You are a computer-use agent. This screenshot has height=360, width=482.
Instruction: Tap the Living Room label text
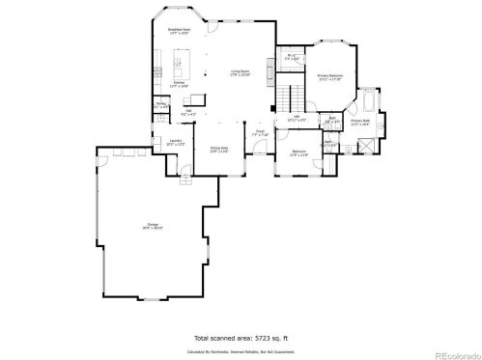pyautogui.click(x=241, y=72)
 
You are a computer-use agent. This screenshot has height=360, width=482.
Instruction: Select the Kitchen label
pyautogui.click(x=180, y=85)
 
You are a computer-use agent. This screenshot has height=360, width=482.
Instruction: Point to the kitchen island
pyautogui.click(x=179, y=68)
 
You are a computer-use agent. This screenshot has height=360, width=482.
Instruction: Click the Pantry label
pyautogui.click(x=161, y=105)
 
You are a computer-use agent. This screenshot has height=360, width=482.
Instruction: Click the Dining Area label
pyautogui.click(x=218, y=150)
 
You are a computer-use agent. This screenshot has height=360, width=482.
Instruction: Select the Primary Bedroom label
pyautogui.click(x=329, y=76)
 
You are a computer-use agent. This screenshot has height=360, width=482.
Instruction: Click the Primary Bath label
pyautogui.click(x=361, y=123)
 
